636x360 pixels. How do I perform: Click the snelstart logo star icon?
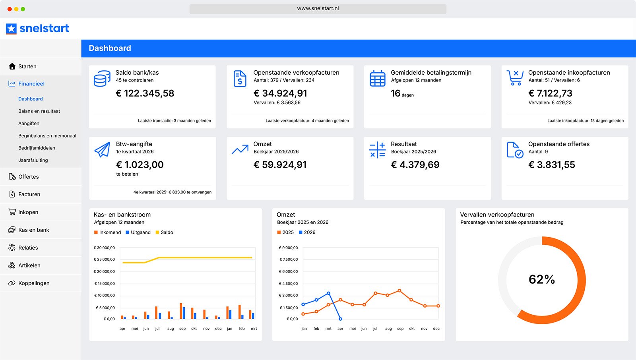(12, 29)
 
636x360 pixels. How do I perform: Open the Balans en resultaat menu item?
(39, 111)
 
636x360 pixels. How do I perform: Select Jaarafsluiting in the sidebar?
(33, 160)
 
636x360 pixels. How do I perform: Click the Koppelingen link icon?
(12, 283)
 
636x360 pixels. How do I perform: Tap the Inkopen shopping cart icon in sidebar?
(12, 212)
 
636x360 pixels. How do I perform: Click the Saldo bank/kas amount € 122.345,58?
(145, 93)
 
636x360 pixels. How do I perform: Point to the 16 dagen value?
(402, 93)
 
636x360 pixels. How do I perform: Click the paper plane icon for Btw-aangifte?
(102, 149)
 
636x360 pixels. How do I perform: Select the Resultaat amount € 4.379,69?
(415, 165)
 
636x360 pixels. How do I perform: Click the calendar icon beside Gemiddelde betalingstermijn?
(377, 78)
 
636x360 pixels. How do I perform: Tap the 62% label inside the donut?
(542, 279)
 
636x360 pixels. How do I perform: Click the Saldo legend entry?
(164, 232)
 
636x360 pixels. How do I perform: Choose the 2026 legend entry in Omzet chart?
(307, 232)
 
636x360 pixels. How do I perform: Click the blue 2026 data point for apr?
(340, 319)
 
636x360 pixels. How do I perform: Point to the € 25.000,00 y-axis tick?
(104, 259)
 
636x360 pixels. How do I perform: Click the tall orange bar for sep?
(181, 311)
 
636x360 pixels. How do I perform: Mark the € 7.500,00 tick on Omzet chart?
(289, 259)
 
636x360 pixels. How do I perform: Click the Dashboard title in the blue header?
(110, 48)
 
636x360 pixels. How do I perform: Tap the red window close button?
(10, 9)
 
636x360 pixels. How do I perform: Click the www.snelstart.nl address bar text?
(318, 8)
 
